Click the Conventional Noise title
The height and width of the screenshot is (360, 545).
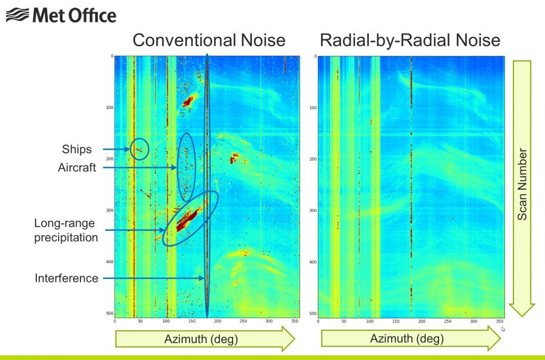(209, 41)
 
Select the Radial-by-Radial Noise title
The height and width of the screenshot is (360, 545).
(410, 41)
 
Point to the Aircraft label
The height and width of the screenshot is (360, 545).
(78, 167)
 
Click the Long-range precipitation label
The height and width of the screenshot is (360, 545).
(65, 230)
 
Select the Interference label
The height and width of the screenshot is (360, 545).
(66, 278)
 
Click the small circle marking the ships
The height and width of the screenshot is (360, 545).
(139, 148)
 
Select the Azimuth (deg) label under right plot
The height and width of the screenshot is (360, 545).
(407, 339)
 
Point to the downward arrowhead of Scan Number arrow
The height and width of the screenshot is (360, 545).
(521, 309)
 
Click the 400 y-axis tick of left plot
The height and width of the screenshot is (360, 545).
(108, 262)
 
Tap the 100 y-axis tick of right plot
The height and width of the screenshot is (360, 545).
(312, 108)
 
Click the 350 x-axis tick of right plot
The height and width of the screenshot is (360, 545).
(500, 321)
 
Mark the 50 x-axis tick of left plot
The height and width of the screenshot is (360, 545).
(140, 321)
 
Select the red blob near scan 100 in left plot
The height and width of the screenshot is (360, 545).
(188, 101)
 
